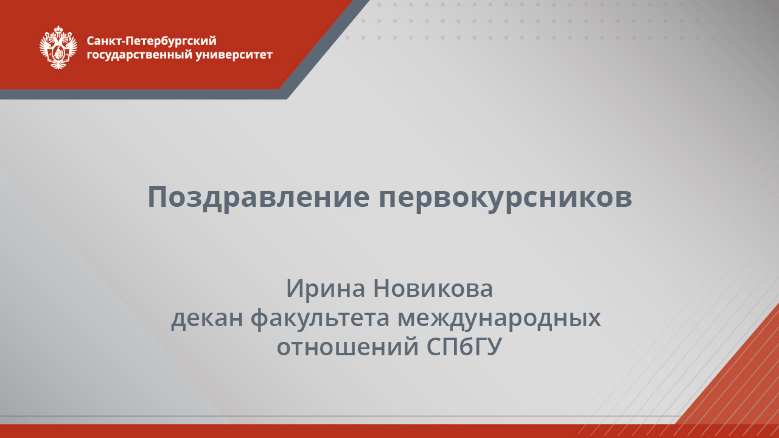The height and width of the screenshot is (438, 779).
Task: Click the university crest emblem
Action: pyautogui.click(x=58, y=47)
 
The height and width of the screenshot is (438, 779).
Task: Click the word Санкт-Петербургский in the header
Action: pyautogui.click(x=152, y=41)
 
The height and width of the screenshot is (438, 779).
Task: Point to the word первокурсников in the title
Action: pyautogui.click(x=505, y=197)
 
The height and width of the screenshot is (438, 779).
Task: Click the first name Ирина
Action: pyautogui.click(x=326, y=288)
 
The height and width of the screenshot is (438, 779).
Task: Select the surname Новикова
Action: pyautogui.click(x=433, y=288)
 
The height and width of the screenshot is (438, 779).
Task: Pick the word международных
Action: pyautogui.click(x=500, y=318)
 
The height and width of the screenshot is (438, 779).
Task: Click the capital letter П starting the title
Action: pyautogui.click(x=157, y=197)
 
